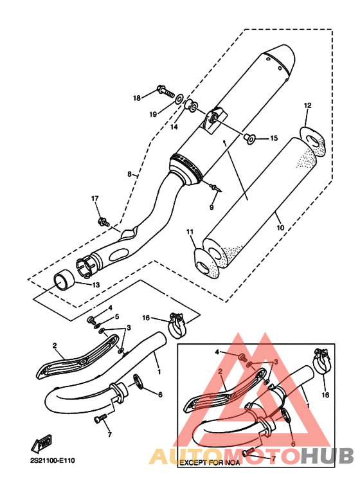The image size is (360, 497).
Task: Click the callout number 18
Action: coord(136,98)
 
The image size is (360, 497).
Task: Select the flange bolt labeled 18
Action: coord(165,91)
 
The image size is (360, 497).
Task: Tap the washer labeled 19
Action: coord(179,98)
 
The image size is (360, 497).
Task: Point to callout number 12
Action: coord(307,105)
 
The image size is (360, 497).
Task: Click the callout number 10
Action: coord(280,227)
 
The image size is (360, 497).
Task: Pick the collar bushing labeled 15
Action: coord(250,138)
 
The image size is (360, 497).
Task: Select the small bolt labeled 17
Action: coord(104,222)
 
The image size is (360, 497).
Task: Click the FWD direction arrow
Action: coord(41,444)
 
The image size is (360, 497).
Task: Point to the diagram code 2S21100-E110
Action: coord(53,460)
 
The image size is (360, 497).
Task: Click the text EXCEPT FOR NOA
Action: coord(210,463)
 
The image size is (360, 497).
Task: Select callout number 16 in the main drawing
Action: coord(146,318)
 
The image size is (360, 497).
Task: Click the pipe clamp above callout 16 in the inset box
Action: coord(320,361)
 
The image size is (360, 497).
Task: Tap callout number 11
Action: coord(190,232)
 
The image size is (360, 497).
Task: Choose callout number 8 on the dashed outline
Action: coord(129,174)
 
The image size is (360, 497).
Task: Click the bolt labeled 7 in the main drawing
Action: coord(100,419)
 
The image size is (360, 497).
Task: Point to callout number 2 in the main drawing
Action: coord(55,345)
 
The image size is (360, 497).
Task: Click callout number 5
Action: coord(117,316)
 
